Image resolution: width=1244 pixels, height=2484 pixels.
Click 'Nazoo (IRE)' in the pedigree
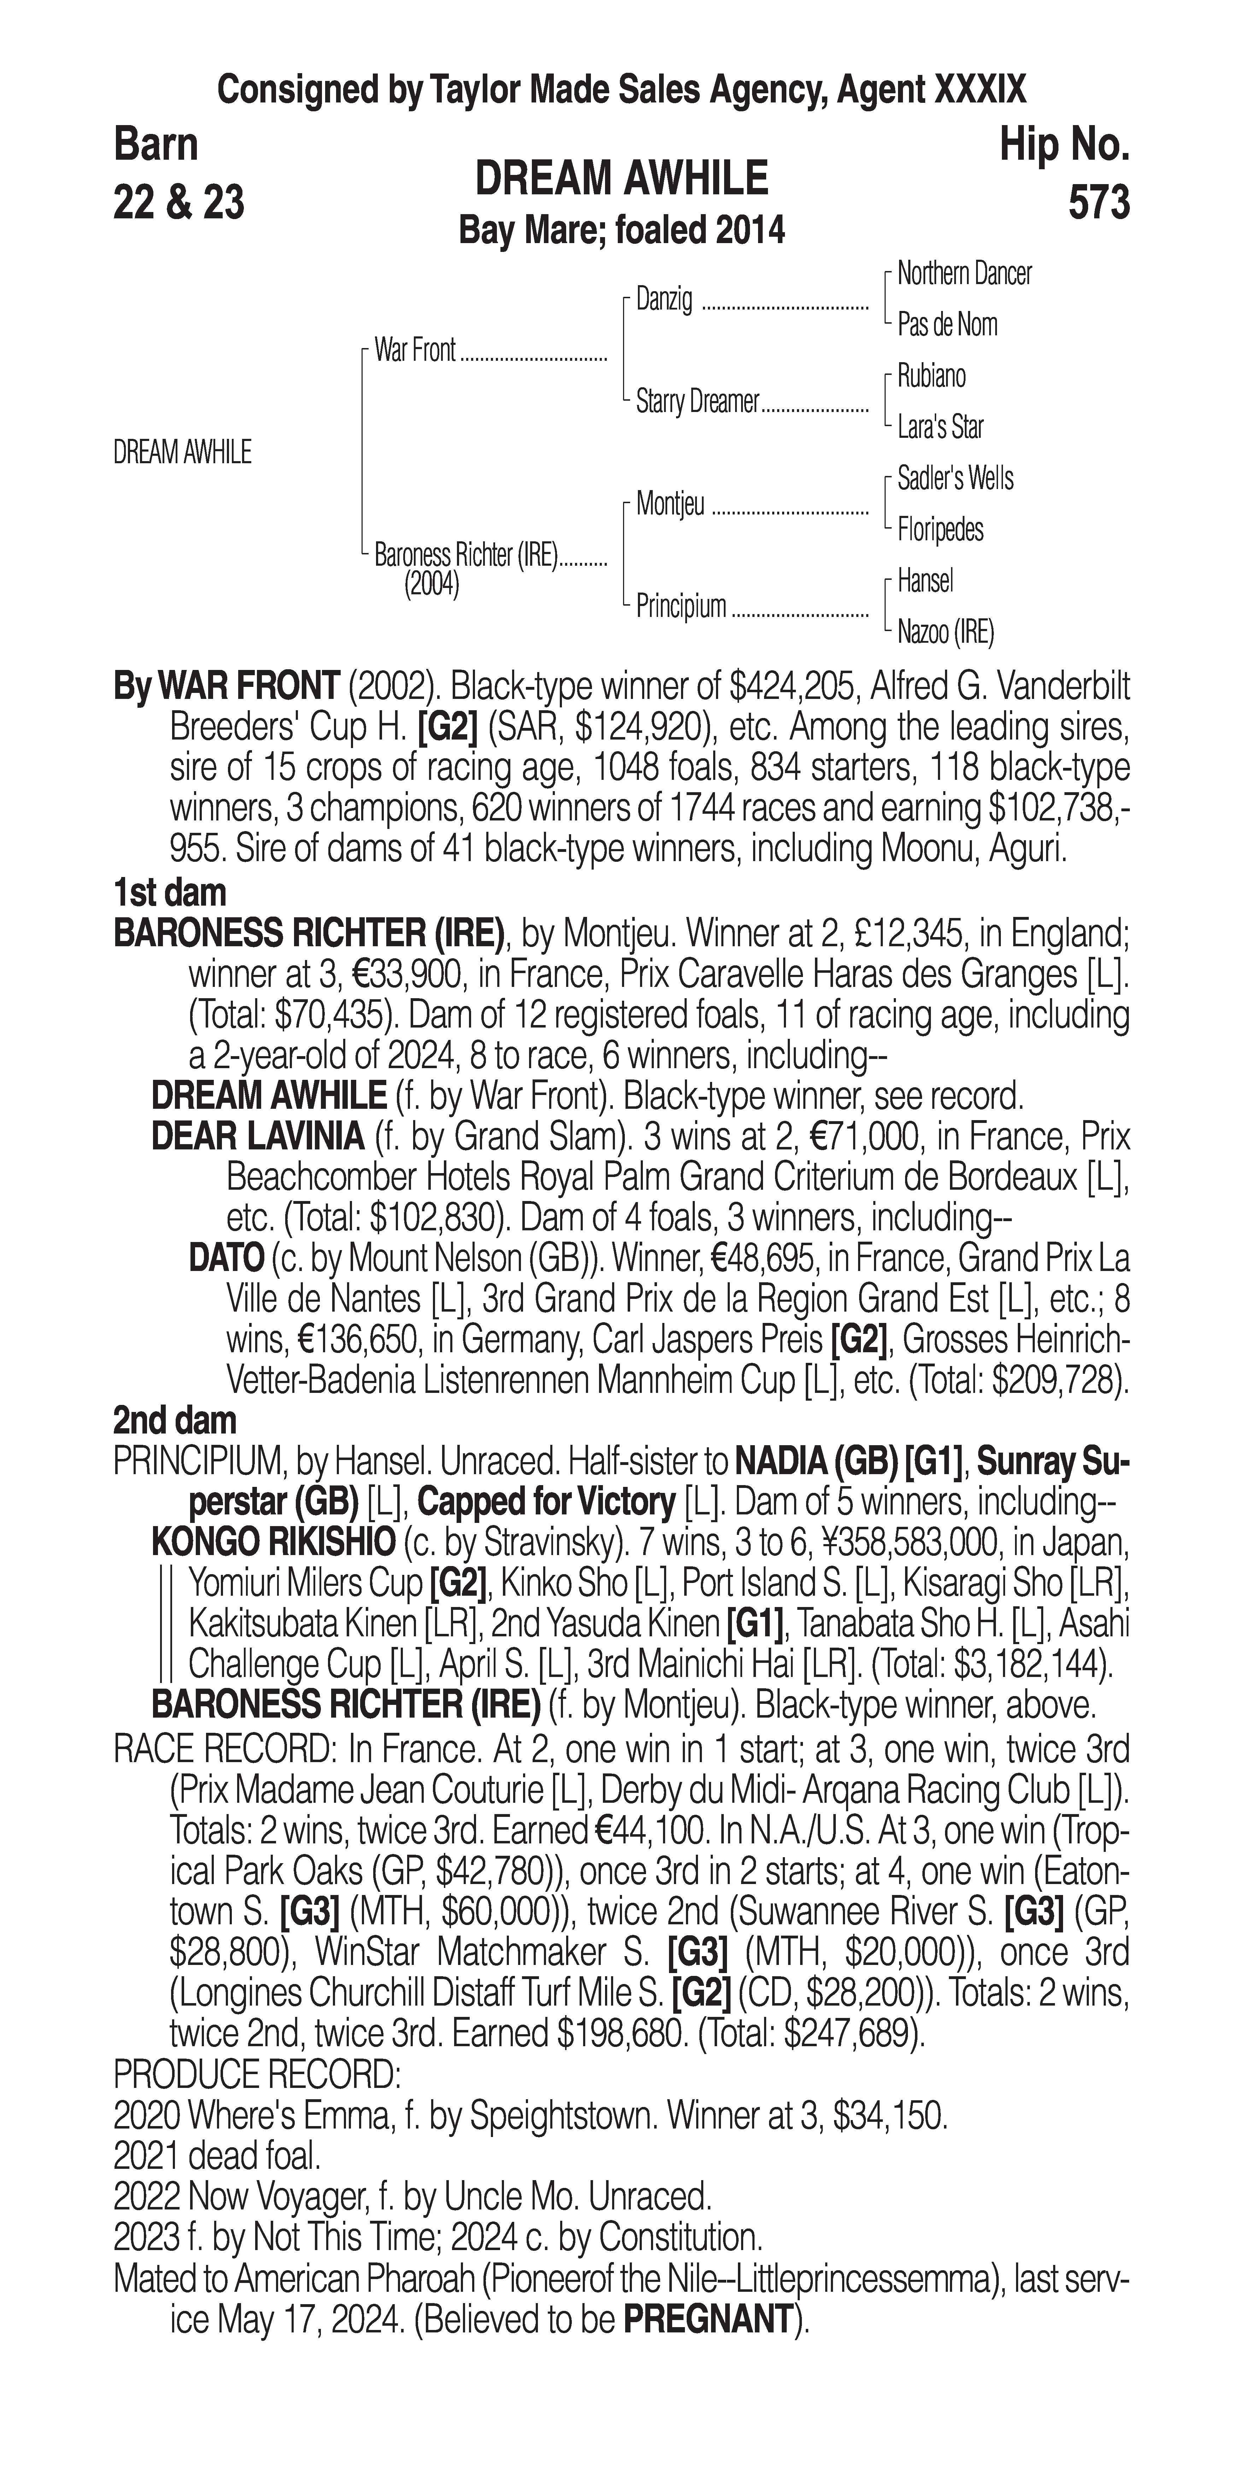click(945, 632)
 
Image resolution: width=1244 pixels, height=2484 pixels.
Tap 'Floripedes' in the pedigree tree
click(940, 529)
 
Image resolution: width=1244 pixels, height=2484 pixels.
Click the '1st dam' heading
click(170, 893)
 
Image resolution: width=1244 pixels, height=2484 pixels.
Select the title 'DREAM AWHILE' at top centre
click(622, 179)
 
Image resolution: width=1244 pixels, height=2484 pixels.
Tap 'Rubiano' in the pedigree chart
click(931, 376)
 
